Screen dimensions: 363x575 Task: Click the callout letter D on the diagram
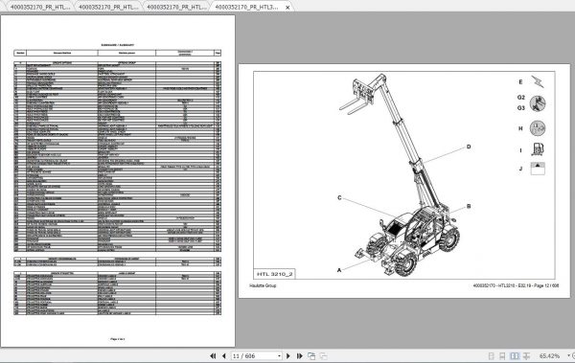point(470,147)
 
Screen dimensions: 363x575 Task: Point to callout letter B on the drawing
point(469,206)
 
